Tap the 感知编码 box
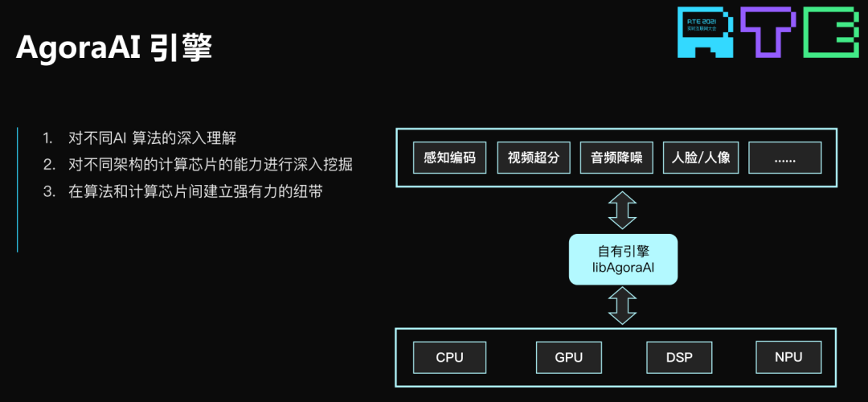click(450, 158)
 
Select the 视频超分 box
click(533, 158)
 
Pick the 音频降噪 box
click(615, 158)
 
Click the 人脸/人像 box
click(701, 158)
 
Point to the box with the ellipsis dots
click(784, 158)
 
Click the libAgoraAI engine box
click(623, 259)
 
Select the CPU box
click(449, 357)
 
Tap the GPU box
click(568, 357)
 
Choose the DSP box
click(679, 357)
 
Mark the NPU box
click(788, 357)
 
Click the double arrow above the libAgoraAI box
click(622, 210)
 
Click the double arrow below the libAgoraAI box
click(622, 306)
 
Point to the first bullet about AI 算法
click(152, 137)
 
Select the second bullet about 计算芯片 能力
click(210, 165)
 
